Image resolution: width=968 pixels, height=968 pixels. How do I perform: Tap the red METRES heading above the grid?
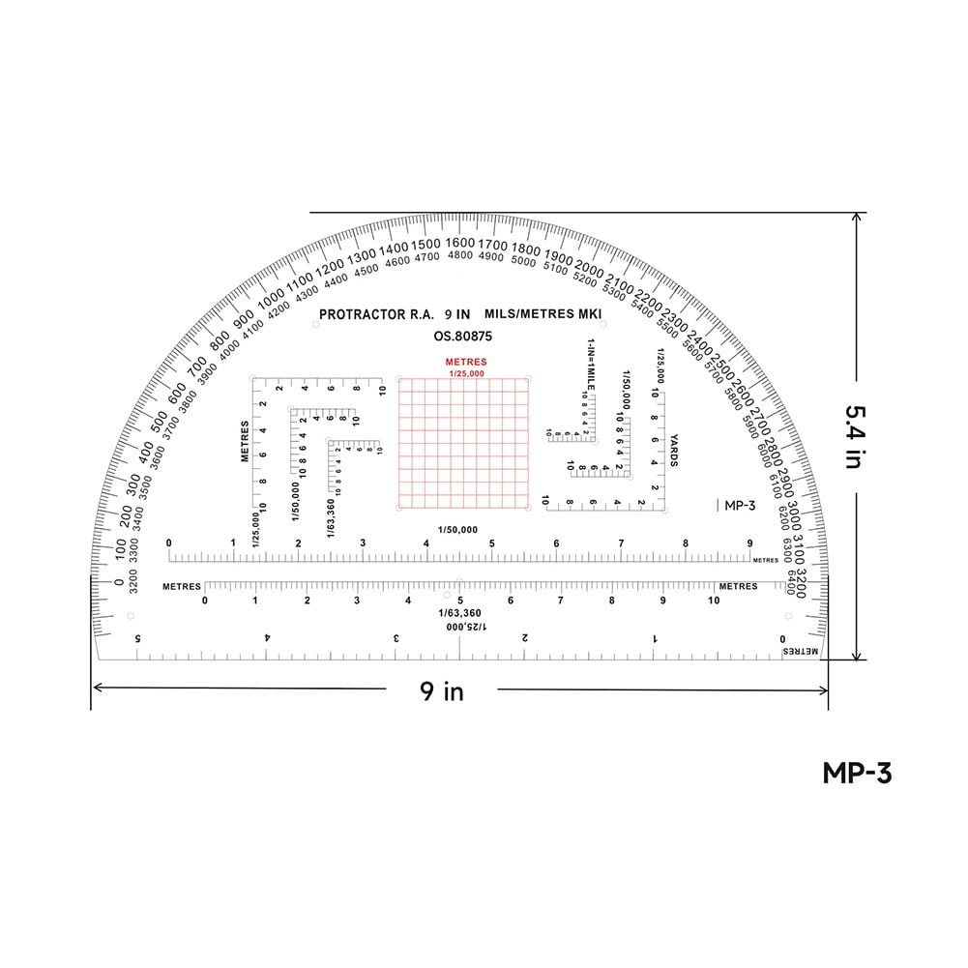465,363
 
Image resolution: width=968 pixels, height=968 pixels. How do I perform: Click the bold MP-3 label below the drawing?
856,773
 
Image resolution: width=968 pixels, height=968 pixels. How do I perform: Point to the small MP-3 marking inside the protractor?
739,505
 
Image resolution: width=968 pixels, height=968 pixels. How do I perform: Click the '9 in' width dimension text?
441,690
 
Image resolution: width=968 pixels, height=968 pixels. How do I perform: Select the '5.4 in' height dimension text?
852,436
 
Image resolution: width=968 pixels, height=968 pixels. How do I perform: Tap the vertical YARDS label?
673,450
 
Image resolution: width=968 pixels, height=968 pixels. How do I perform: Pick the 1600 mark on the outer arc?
461,243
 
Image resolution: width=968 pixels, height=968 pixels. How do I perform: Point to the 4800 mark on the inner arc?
460,256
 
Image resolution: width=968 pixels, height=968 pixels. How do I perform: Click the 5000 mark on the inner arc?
523,261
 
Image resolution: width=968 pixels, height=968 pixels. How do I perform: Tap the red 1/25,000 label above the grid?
467,373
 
